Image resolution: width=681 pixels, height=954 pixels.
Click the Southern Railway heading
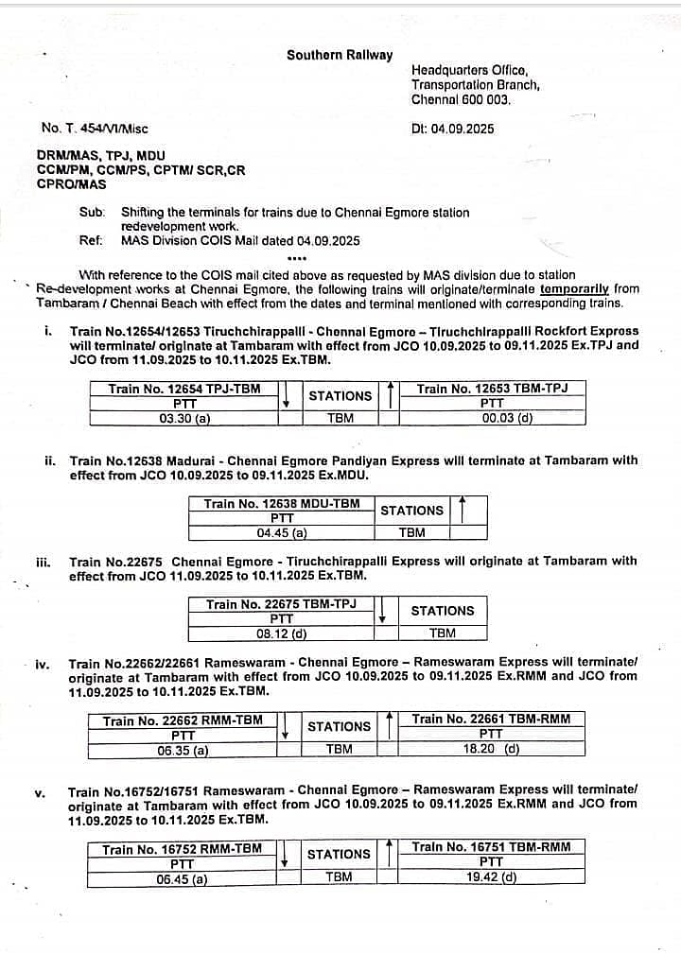pyautogui.click(x=340, y=55)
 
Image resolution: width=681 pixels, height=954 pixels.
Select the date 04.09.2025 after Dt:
pyautogui.click(x=462, y=129)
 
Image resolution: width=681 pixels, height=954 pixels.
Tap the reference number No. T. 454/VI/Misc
pyautogui.click(x=95, y=129)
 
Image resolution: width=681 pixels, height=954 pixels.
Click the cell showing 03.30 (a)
pyautogui.click(x=184, y=417)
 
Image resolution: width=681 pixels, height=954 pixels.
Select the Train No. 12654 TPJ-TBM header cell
pyautogui.click(x=184, y=389)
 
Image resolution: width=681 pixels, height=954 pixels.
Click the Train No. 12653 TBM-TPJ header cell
pyautogui.click(x=492, y=389)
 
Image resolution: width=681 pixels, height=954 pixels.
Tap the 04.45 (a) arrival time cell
pyautogui.click(x=282, y=532)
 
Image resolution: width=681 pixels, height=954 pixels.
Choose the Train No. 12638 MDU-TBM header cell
pyautogui.click(x=282, y=504)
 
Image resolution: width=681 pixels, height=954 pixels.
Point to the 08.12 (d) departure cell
pyautogui.click(x=282, y=633)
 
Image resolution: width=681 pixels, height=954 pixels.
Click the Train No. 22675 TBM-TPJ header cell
pyautogui.click(x=281, y=604)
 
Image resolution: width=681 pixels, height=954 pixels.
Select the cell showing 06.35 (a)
pyautogui.click(x=183, y=751)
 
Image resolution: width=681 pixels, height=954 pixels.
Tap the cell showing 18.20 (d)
pyautogui.click(x=491, y=749)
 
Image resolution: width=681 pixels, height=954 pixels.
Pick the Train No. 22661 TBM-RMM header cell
pyautogui.click(x=491, y=720)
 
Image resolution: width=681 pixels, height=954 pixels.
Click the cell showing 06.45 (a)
pyautogui.click(x=183, y=878)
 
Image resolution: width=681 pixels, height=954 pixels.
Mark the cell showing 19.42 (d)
pyautogui.click(x=491, y=876)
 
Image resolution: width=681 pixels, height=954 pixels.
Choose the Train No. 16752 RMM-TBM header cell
pyautogui.click(x=183, y=849)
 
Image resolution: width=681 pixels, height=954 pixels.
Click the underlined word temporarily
pyautogui.click(x=575, y=289)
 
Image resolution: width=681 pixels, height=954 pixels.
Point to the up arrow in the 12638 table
pyautogui.click(x=462, y=511)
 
